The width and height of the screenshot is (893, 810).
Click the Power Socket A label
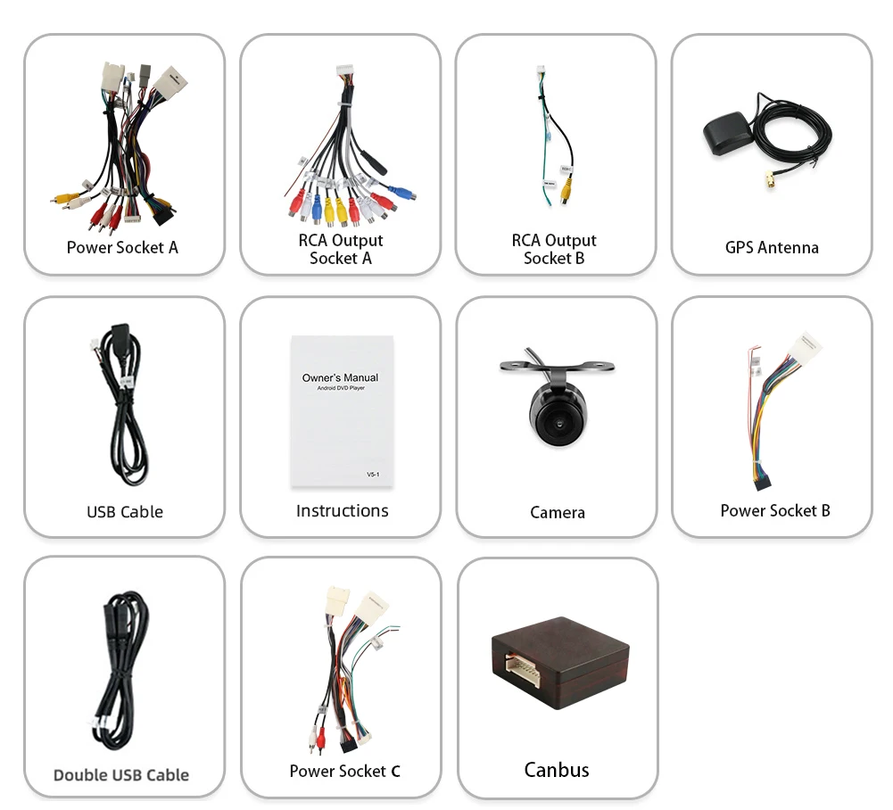point(122,247)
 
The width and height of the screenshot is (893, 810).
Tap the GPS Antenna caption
point(772,247)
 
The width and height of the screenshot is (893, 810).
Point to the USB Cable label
point(124,511)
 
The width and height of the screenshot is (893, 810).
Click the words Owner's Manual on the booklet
point(340,377)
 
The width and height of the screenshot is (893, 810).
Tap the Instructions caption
point(342,510)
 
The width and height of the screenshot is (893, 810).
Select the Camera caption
point(557,512)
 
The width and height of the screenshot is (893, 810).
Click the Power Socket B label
point(774,510)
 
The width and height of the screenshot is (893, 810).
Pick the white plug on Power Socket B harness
point(806,347)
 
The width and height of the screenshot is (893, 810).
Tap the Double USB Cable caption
point(121,774)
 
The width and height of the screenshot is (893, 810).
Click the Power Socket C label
point(344,771)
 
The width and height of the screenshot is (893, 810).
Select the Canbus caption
point(557,770)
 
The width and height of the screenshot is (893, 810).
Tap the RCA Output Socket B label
point(554,249)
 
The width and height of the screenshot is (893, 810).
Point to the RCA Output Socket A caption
point(340,249)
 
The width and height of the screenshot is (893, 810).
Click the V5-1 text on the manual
point(373,475)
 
